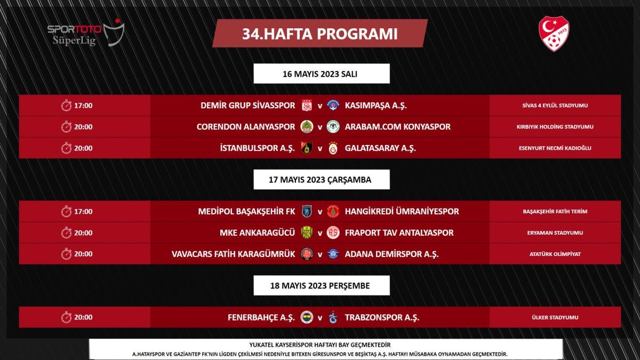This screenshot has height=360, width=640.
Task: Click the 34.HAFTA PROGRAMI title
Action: [320, 34]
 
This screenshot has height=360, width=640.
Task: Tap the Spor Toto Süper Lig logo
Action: [85, 33]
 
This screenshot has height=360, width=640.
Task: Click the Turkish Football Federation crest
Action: [554, 34]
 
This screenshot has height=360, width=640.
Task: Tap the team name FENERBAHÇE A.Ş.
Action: [261, 317]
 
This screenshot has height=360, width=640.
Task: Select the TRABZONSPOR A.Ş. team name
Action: [382, 317]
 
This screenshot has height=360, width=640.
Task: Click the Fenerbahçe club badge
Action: [307, 317]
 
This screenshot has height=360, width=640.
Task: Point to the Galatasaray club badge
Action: [333, 148]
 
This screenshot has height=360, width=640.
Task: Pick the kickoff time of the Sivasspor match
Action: [84, 106]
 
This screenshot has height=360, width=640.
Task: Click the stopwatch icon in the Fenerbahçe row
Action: [66, 317]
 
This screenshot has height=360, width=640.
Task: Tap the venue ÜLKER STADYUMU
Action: [555, 318]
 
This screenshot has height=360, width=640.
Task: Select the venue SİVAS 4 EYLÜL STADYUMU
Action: [555, 106]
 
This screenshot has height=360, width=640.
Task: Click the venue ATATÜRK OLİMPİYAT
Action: [555, 254]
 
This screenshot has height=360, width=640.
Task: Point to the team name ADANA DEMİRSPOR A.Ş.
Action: [392, 254]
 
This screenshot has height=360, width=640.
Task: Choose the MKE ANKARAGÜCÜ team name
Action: [257, 233]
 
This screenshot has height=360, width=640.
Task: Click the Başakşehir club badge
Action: [307, 212]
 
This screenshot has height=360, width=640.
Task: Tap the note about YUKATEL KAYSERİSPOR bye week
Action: [320, 345]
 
